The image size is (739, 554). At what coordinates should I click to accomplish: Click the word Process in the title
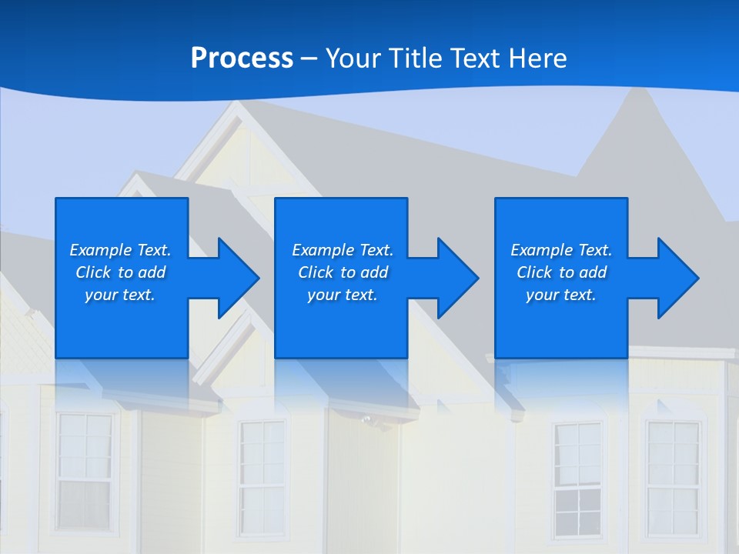[x=242, y=58]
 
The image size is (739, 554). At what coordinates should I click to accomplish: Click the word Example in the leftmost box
[x=101, y=250]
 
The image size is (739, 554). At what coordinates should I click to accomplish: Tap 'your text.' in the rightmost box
[x=561, y=295]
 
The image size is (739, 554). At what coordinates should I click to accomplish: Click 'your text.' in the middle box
[x=343, y=295]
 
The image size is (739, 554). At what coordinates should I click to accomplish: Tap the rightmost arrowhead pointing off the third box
[x=674, y=278]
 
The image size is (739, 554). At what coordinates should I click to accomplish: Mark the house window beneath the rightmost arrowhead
[x=673, y=477]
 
